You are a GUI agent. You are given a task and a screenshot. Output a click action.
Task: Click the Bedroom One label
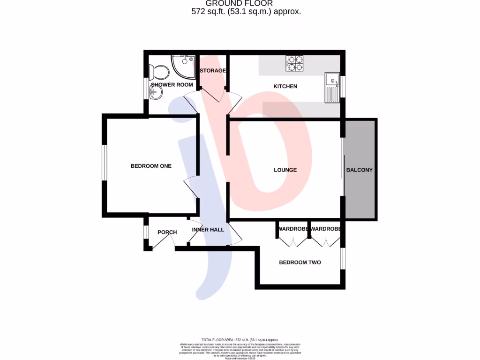click(x=151, y=166)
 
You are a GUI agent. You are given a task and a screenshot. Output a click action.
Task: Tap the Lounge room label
click(x=285, y=170)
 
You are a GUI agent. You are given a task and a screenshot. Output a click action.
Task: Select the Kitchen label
click(x=285, y=86)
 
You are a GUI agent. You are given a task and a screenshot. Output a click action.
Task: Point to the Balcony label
click(x=359, y=170)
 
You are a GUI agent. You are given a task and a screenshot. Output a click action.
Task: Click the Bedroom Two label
click(x=300, y=262)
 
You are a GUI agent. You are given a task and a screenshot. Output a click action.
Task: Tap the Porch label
click(x=167, y=232)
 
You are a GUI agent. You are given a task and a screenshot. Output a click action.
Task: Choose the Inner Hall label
click(x=208, y=230)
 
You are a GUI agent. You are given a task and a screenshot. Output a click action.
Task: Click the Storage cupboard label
click(x=213, y=71)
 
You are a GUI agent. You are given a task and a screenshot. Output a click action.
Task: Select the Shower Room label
click(x=172, y=85)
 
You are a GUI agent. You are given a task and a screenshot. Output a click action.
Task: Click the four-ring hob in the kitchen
click(x=295, y=63)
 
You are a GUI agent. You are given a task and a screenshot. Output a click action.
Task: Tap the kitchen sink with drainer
click(x=332, y=88)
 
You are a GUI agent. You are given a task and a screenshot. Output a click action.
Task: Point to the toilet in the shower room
click(x=159, y=72)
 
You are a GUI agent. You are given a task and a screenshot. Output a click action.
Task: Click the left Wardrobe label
click(x=292, y=229)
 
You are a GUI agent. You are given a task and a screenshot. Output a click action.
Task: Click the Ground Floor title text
click(x=246, y=3)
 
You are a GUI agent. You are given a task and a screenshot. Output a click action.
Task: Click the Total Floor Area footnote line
click(x=240, y=339)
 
